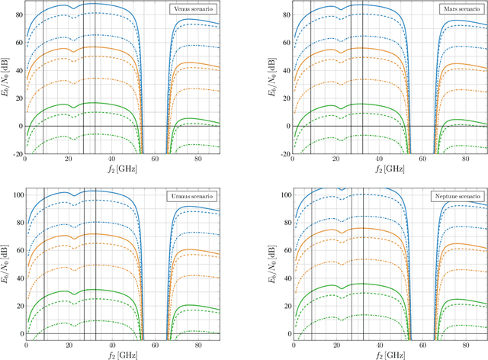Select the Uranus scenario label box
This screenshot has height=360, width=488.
[x=192, y=197]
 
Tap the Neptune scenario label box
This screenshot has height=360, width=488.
[x=458, y=197]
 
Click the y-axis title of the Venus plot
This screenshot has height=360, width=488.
[x=6, y=77]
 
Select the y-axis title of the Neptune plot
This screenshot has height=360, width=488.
[x=273, y=263]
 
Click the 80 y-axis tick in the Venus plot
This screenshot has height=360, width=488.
[x=19, y=14]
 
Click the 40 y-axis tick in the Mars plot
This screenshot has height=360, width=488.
[x=286, y=70]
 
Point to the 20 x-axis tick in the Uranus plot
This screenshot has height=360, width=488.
[x=69, y=346]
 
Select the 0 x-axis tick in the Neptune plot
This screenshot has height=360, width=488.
[x=293, y=346]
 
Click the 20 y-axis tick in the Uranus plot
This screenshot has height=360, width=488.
[x=19, y=306]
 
